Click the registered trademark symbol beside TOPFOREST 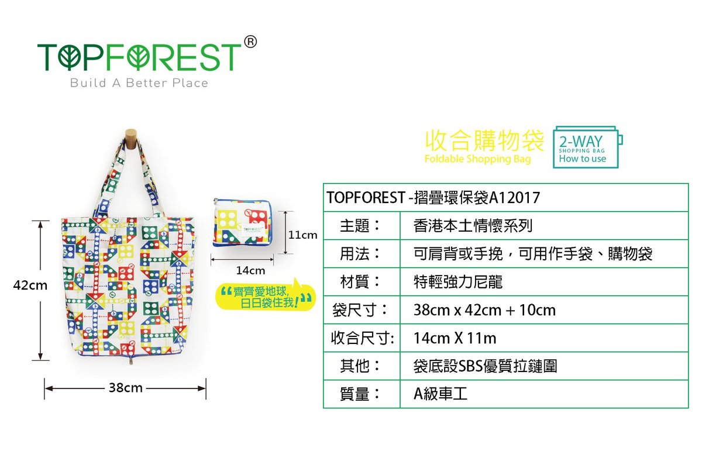pyautogui.click(x=250, y=42)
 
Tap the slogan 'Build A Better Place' pyautogui.click(x=139, y=83)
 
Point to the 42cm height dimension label pyautogui.click(x=30, y=285)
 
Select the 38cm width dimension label pyautogui.click(x=126, y=388)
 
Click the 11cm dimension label pyautogui.click(x=302, y=235)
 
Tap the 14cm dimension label pyautogui.click(x=250, y=270)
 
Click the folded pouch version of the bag pyautogui.click(x=242, y=222)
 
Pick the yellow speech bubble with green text pyautogui.click(x=266, y=296)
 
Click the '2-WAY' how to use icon pyautogui.click(x=587, y=147)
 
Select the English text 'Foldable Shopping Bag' pyautogui.click(x=477, y=159)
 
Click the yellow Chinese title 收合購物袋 pyautogui.click(x=484, y=141)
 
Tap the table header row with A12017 pyautogui.click(x=505, y=198)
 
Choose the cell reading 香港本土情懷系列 pyautogui.click(x=473, y=226)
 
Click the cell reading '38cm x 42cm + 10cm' pyautogui.click(x=484, y=310)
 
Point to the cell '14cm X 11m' pyautogui.click(x=455, y=338)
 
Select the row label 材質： pyautogui.click(x=360, y=282)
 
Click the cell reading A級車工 pyautogui.click(x=441, y=394)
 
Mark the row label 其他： pyautogui.click(x=360, y=366)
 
